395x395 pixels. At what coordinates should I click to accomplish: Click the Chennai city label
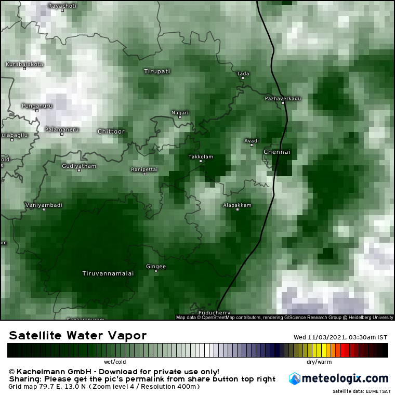click(x=277, y=152)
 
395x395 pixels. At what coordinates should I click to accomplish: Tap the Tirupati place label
click(x=157, y=71)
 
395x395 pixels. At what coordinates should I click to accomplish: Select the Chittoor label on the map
click(x=111, y=131)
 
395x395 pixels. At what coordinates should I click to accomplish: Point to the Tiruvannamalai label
click(x=108, y=273)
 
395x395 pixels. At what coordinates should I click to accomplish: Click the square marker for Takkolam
click(x=201, y=161)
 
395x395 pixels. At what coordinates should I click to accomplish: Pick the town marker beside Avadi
click(x=252, y=145)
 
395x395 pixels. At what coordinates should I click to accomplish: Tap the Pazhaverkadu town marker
click(x=283, y=103)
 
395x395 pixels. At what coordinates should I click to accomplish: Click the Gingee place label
click(x=156, y=267)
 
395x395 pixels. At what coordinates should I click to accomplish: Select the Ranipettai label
click(x=144, y=169)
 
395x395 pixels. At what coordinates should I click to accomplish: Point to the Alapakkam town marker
click(x=237, y=209)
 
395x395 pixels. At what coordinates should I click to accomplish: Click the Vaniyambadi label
click(x=44, y=205)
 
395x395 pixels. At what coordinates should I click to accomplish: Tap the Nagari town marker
click(x=180, y=117)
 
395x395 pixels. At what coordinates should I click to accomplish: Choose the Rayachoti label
click(x=62, y=6)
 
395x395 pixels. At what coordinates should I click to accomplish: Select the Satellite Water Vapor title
click(x=78, y=335)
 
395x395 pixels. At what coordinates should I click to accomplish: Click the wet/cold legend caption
click(x=115, y=361)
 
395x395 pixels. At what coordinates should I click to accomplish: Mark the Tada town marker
click(x=242, y=78)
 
